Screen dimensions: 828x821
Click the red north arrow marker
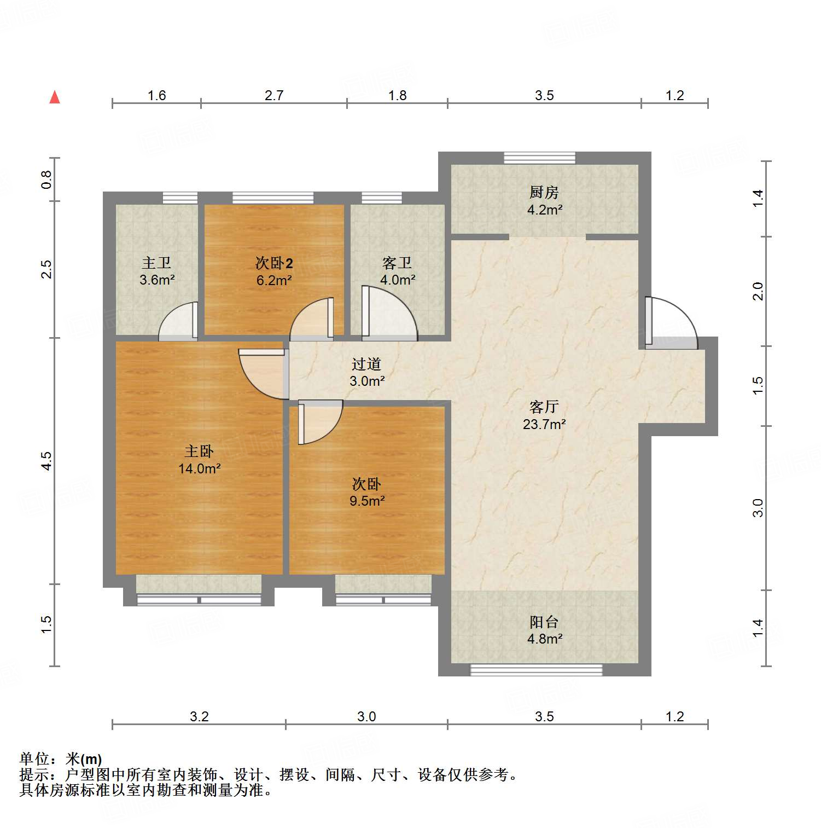point(55,97)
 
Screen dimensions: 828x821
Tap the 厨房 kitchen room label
point(544,193)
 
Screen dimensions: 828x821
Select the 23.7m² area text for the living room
point(544,424)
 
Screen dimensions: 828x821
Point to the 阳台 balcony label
point(544,622)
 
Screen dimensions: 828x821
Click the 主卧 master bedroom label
point(199,451)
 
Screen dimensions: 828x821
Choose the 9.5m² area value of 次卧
point(367,501)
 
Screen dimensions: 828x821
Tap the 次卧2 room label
point(274,263)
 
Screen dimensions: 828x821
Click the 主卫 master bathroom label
point(156,263)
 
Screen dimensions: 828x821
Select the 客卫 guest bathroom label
point(397,263)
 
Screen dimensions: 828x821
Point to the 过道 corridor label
point(366,364)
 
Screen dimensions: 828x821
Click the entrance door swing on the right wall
point(670,323)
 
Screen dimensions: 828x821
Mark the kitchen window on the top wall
point(539,158)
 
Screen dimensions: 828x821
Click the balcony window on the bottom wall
point(536,670)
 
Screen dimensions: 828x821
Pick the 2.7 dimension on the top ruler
point(274,95)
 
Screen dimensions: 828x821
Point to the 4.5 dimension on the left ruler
point(47,461)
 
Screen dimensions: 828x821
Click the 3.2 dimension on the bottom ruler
point(199,716)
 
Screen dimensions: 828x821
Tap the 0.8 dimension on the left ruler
point(47,180)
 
